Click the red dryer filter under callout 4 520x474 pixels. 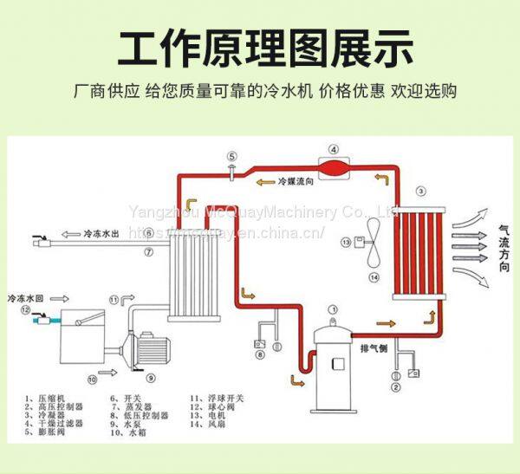[332, 165]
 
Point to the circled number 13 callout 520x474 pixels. [346, 242]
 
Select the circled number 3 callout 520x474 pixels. [420, 191]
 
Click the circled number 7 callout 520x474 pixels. [149, 252]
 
